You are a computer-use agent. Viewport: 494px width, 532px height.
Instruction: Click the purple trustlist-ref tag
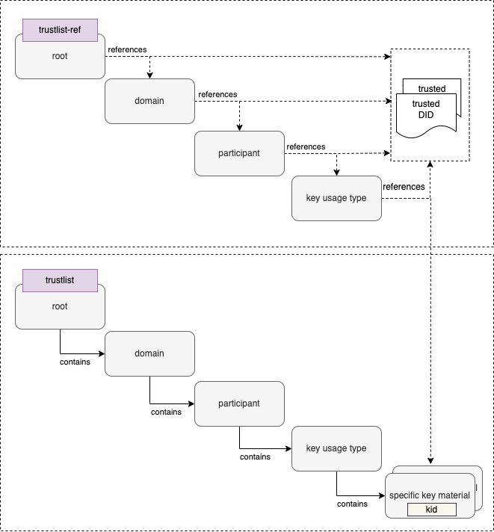pyautogui.click(x=60, y=31)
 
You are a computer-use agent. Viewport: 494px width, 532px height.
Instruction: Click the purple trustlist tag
pyautogui.click(x=60, y=280)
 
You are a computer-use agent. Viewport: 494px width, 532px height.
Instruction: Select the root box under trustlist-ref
pyautogui.click(x=60, y=60)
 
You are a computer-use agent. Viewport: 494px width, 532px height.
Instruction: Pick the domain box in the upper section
pyautogui.click(x=149, y=101)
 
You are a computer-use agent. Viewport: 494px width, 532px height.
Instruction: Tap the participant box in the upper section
pyautogui.click(x=239, y=153)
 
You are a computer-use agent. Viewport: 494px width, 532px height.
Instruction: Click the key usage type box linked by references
pyautogui.click(x=336, y=198)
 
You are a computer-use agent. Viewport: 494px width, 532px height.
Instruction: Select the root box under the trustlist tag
pyautogui.click(x=60, y=310)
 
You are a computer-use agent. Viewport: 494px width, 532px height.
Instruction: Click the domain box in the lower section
pyautogui.click(x=149, y=353)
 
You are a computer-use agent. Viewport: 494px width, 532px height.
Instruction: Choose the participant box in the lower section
pyautogui.click(x=239, y=403)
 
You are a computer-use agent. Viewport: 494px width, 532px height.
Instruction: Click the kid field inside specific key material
pyautogui.click(x=431, y=509)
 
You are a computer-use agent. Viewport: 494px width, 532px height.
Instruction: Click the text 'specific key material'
pyautogui.click(x=430, y=495)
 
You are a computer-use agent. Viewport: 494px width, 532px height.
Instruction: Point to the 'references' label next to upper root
pyautogui.click(x=127, y=50)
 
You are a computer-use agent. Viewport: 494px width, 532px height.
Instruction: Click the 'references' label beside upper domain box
pyautogui.click(x=217, y=95)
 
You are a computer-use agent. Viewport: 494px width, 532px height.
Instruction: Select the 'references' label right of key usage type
pyautogui.click(x=404, y=187)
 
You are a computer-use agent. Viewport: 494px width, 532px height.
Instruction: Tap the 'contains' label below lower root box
pyautogui.click(x=75, y=362)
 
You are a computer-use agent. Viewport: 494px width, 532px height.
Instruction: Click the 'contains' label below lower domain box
pyautogui.click(x=166, y=412)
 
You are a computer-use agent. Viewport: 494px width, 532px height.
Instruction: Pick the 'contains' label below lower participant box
pyautogui.click(x=255, y=457)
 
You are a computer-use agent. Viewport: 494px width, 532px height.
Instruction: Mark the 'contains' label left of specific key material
pyautogui.click(x=352, y=504)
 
